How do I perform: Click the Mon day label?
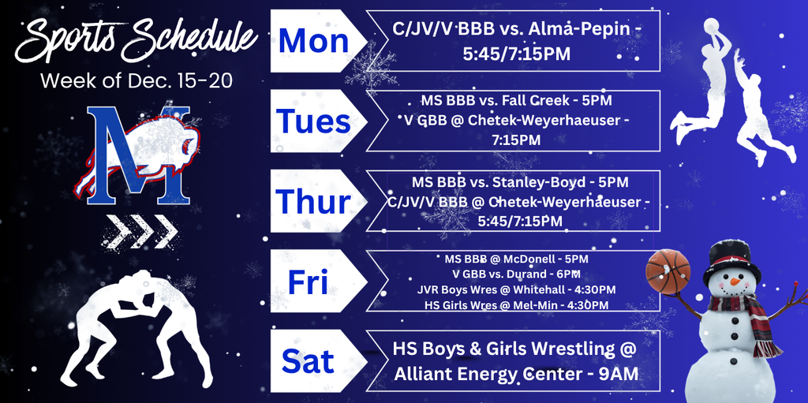313,41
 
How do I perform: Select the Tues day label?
313,121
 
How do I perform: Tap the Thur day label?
312,202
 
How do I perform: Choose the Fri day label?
308,282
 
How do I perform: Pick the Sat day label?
308,362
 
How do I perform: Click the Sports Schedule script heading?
136,39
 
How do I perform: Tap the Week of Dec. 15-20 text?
136,80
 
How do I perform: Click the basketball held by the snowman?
667,271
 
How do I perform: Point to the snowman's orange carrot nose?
735,281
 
